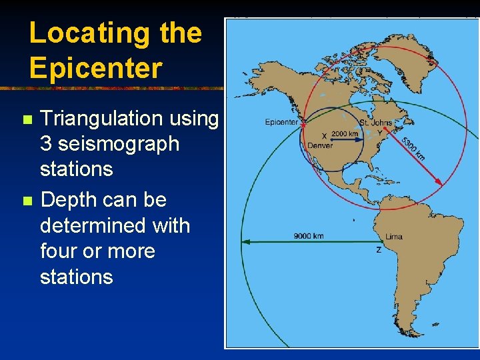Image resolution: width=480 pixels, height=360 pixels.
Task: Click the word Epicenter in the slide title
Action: click(95, 67)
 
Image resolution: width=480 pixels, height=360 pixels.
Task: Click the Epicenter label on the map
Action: click(281, 122)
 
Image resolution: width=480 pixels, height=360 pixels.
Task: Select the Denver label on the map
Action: click(319, 145)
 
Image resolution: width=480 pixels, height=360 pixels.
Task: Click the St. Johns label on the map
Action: click(375, 123)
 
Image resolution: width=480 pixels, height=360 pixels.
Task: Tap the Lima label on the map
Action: click(393, 237)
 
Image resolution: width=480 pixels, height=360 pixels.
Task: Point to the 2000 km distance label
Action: click(345, 133)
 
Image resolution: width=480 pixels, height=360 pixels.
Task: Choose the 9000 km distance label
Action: click(309, 236)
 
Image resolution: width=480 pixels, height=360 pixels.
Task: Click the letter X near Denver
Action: click(325, 135)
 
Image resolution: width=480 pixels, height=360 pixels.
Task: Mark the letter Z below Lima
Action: click(379, 250)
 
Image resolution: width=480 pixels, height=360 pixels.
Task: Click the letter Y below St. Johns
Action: click(379, 132)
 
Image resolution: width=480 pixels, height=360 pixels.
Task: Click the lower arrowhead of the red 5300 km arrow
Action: click(439, 181)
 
